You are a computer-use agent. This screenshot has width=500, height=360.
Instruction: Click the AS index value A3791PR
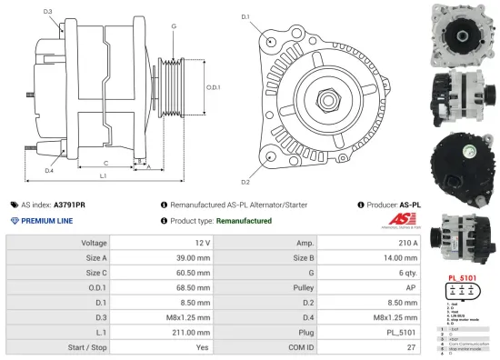coord(69,205)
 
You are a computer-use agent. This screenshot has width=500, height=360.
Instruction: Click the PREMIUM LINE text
coord(48,221)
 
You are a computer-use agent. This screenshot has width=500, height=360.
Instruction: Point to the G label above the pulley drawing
coord(174,26)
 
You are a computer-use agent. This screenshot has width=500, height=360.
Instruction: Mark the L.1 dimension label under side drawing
coord(104,175)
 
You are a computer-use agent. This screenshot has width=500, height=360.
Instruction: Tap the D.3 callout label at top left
coord(48,12)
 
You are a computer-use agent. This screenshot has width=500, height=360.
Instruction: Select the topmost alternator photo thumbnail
coord(465,33)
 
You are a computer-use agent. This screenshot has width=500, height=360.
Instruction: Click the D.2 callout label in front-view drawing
coord(245,168)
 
